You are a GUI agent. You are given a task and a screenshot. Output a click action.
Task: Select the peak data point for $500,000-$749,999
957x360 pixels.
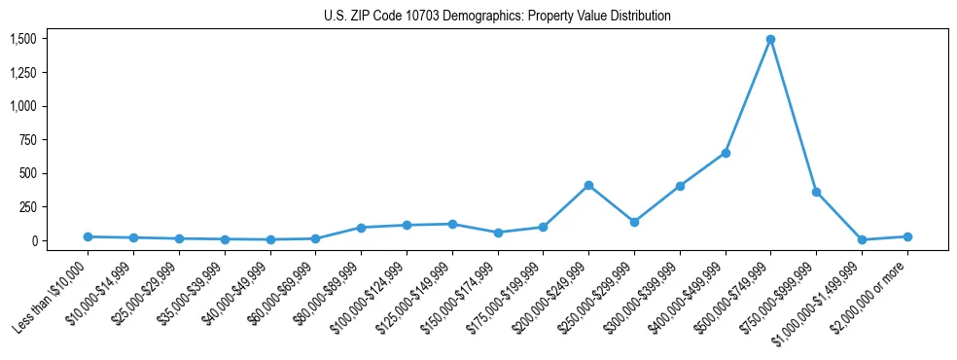(770, 40)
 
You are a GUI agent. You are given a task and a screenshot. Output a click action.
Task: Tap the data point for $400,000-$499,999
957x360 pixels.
(726, 153)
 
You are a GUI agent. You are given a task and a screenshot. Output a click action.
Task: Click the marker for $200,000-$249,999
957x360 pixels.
(588, 185)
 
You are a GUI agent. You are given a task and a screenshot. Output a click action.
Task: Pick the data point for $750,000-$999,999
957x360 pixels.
(816, 192)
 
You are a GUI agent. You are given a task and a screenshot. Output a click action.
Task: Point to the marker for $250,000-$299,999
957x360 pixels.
(634, 222)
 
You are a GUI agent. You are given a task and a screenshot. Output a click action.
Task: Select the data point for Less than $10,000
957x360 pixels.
(88, 236)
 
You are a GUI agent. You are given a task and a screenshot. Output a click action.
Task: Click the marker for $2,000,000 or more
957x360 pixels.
(907, 236)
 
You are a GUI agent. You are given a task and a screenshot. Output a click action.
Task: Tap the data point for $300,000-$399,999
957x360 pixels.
(680, 186)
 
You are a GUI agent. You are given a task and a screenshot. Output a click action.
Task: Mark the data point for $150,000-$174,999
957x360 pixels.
(498, 233)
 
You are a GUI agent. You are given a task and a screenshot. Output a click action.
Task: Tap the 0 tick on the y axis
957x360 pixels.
(34, 240)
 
